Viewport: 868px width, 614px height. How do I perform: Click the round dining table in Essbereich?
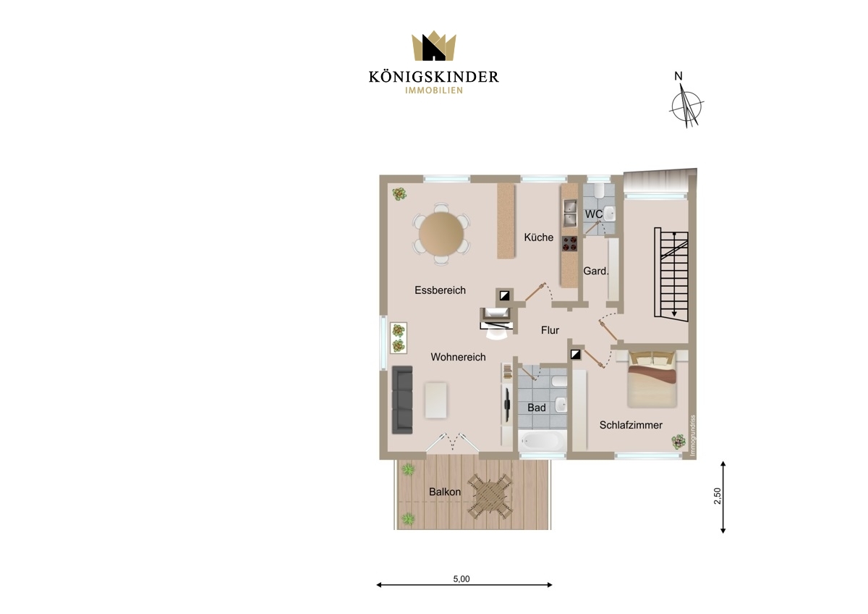pos(441,234)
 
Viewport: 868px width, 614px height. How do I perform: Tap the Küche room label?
pos(539,237)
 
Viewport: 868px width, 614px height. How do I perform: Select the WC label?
pos(594,214)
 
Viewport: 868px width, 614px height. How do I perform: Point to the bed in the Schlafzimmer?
pos(652,379)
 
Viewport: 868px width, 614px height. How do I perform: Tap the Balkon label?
pos(445,492)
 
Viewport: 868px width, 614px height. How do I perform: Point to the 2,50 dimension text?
pos(718,496)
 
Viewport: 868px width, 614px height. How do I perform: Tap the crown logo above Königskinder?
pos(433,46)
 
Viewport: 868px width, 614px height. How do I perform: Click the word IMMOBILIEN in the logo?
pos(433,91)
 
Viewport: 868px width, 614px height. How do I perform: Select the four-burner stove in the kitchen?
pos(570,243)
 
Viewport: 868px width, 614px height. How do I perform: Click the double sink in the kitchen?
pos(569,213)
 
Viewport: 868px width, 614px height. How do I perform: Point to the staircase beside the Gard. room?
pos(671,274)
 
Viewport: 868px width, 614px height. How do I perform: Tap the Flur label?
pos(550,330)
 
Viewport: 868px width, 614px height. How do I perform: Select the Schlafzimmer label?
pos(631,425)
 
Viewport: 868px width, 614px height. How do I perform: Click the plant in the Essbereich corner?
pos(399,193)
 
